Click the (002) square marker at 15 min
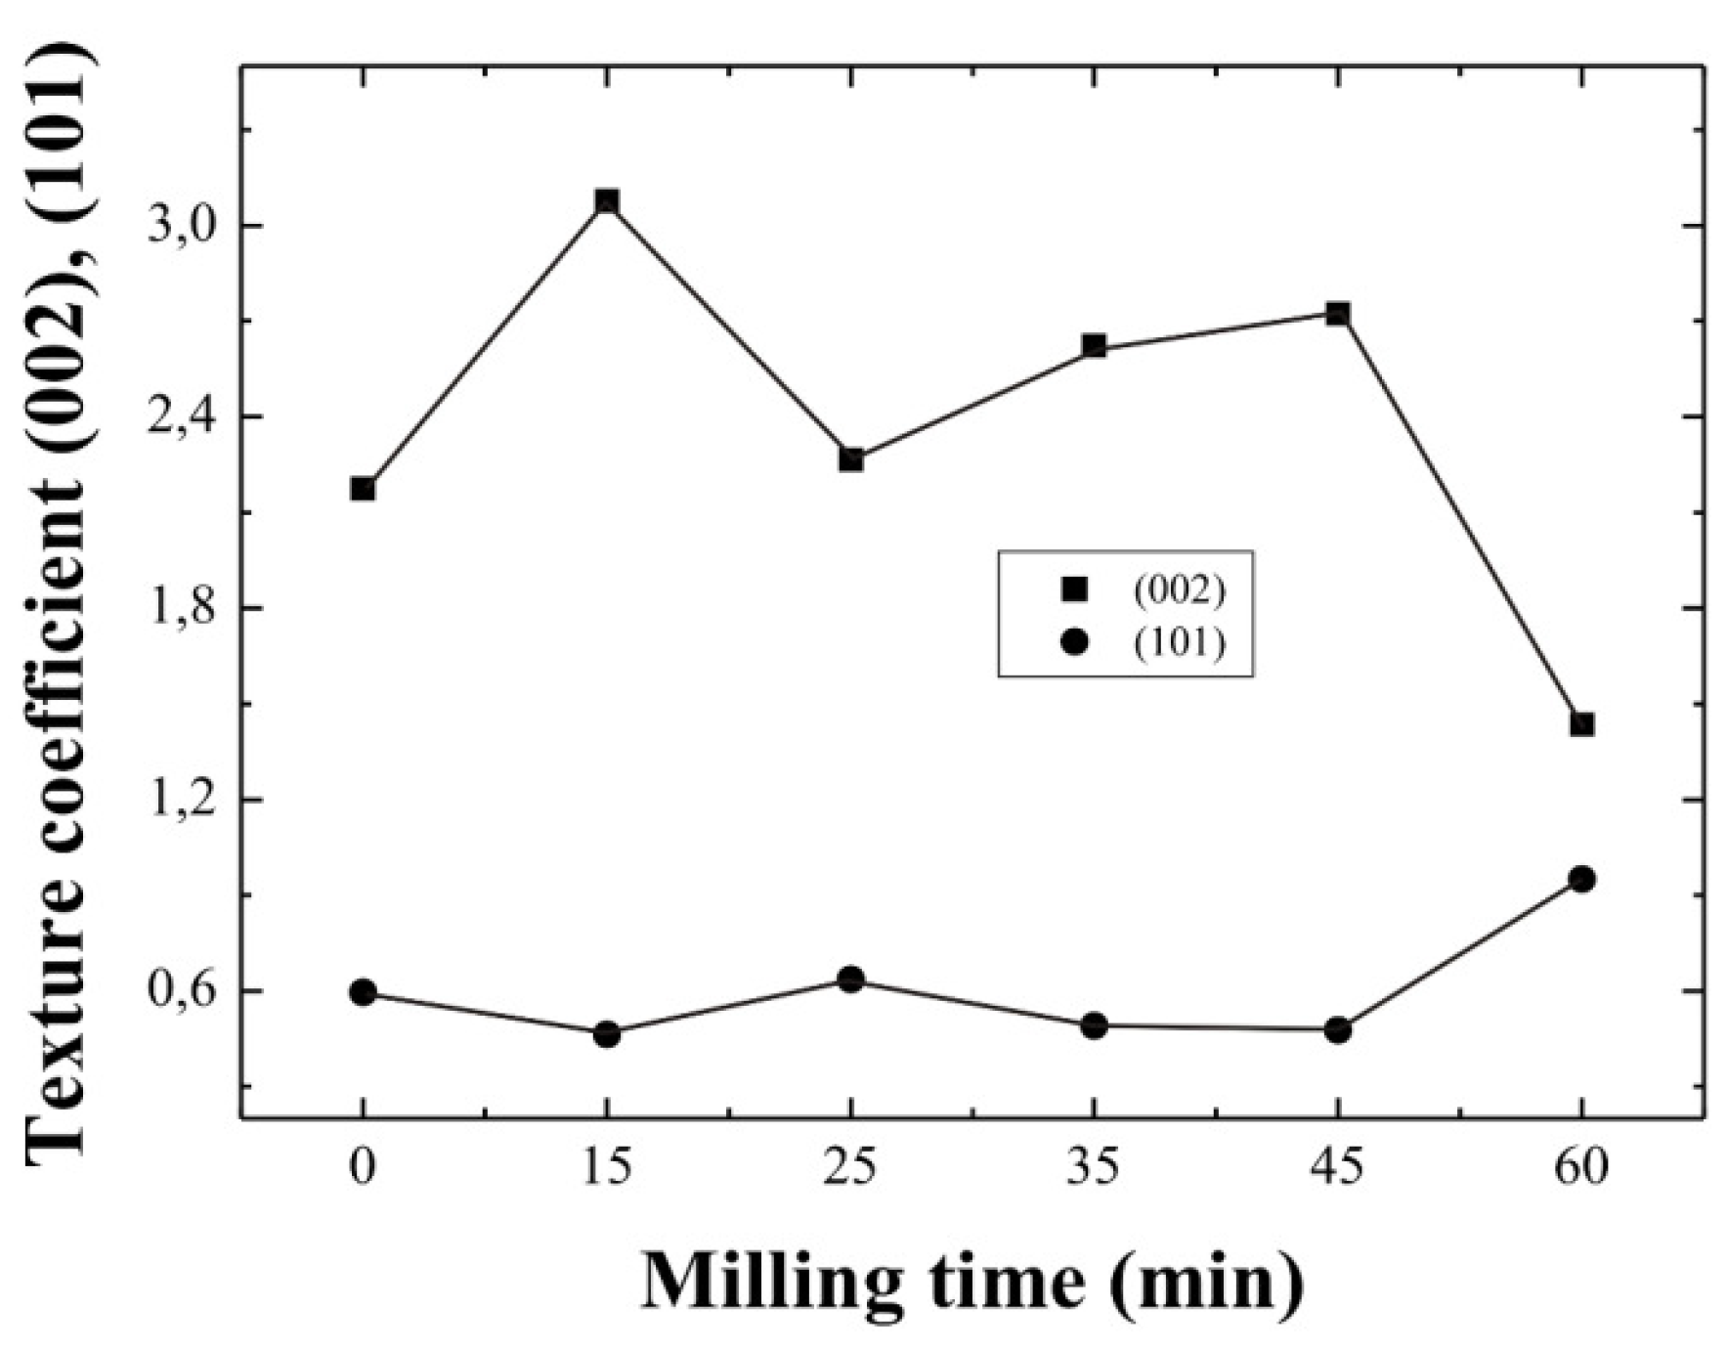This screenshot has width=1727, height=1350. click(607, 202)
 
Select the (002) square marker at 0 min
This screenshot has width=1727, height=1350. click(363, 489)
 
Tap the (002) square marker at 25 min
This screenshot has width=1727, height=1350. click(851, 459)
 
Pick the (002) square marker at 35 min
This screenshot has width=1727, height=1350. click(1095, 346)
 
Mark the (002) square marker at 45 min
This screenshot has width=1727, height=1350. click(1338, 314)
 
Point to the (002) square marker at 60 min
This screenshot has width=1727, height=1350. click(1582, 724)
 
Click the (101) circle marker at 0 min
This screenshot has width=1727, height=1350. click(363, 993)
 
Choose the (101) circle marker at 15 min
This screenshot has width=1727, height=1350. click(607, 1034)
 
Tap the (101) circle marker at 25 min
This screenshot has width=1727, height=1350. click(851, 980)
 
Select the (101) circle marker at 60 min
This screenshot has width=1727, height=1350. click(1582, 880)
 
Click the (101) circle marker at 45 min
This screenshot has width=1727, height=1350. click(1338, 1030)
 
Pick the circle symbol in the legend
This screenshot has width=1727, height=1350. click(1074, 642)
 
